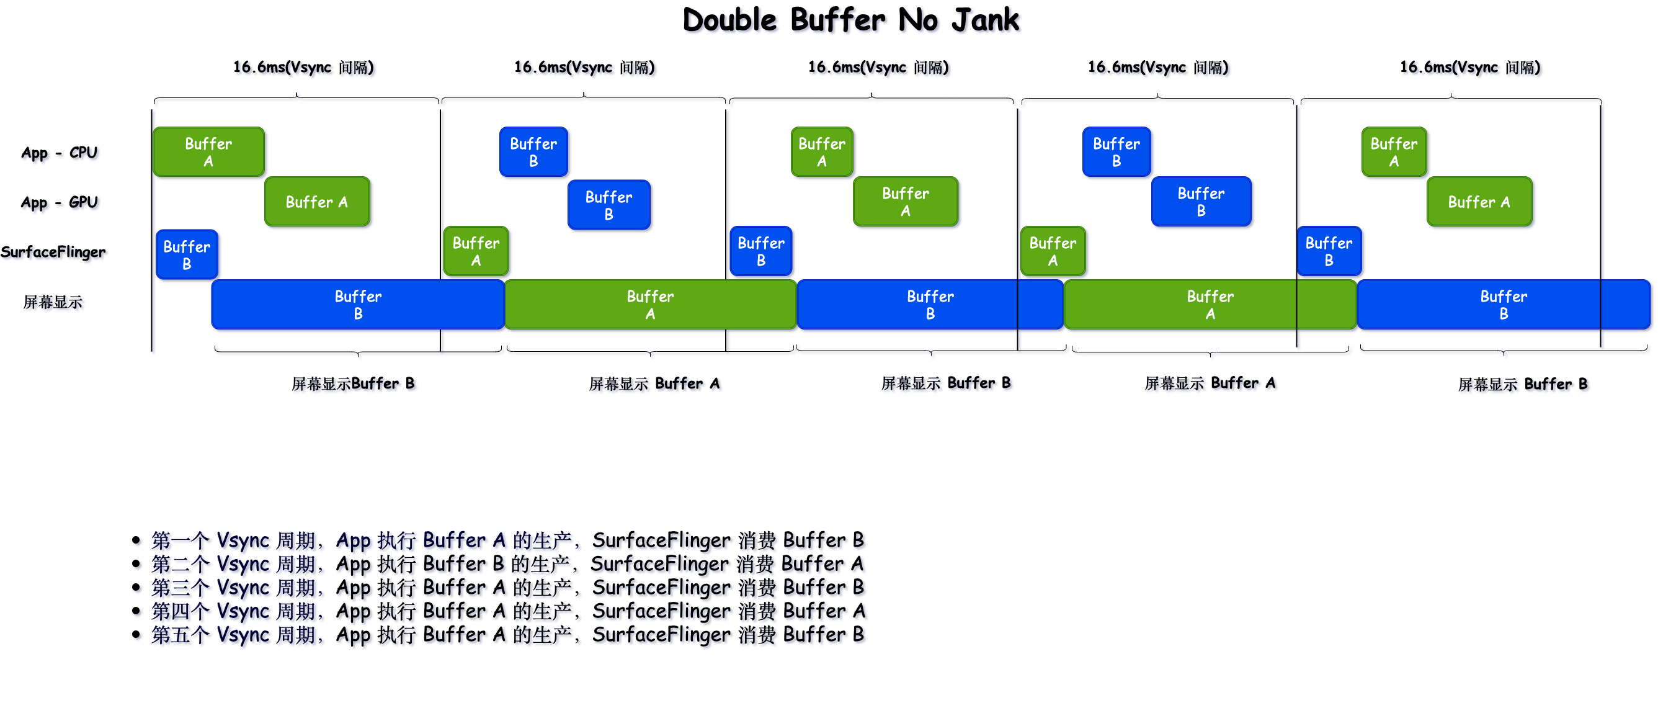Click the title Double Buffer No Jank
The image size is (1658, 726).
[850, 20]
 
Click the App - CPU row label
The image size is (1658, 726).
[59, 153]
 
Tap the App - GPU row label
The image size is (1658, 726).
[59, 203]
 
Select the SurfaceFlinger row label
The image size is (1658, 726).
[53, 253]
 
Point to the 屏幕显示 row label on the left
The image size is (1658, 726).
[53, 302]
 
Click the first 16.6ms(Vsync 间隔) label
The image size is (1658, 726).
[303, 68]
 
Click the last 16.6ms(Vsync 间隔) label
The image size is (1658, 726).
[1469, 68]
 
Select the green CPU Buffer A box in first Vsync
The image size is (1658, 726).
[208, 152]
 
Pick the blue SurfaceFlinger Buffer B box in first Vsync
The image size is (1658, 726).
[187, 255]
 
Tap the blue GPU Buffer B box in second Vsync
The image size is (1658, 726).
[609, 205]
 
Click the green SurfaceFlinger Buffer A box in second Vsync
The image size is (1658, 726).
[476, 252]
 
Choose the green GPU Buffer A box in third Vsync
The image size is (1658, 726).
[905, 202]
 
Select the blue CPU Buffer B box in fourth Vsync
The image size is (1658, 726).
[1116, 152]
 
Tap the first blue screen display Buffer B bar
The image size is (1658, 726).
[358, 305]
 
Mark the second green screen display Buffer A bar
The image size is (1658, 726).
[1210, 305]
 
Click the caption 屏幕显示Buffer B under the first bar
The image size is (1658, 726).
[353, 384]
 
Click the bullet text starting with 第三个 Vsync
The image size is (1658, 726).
[507, 588]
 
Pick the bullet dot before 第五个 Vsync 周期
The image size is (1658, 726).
[136, 635]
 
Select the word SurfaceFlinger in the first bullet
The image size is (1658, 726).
[661, 540]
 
